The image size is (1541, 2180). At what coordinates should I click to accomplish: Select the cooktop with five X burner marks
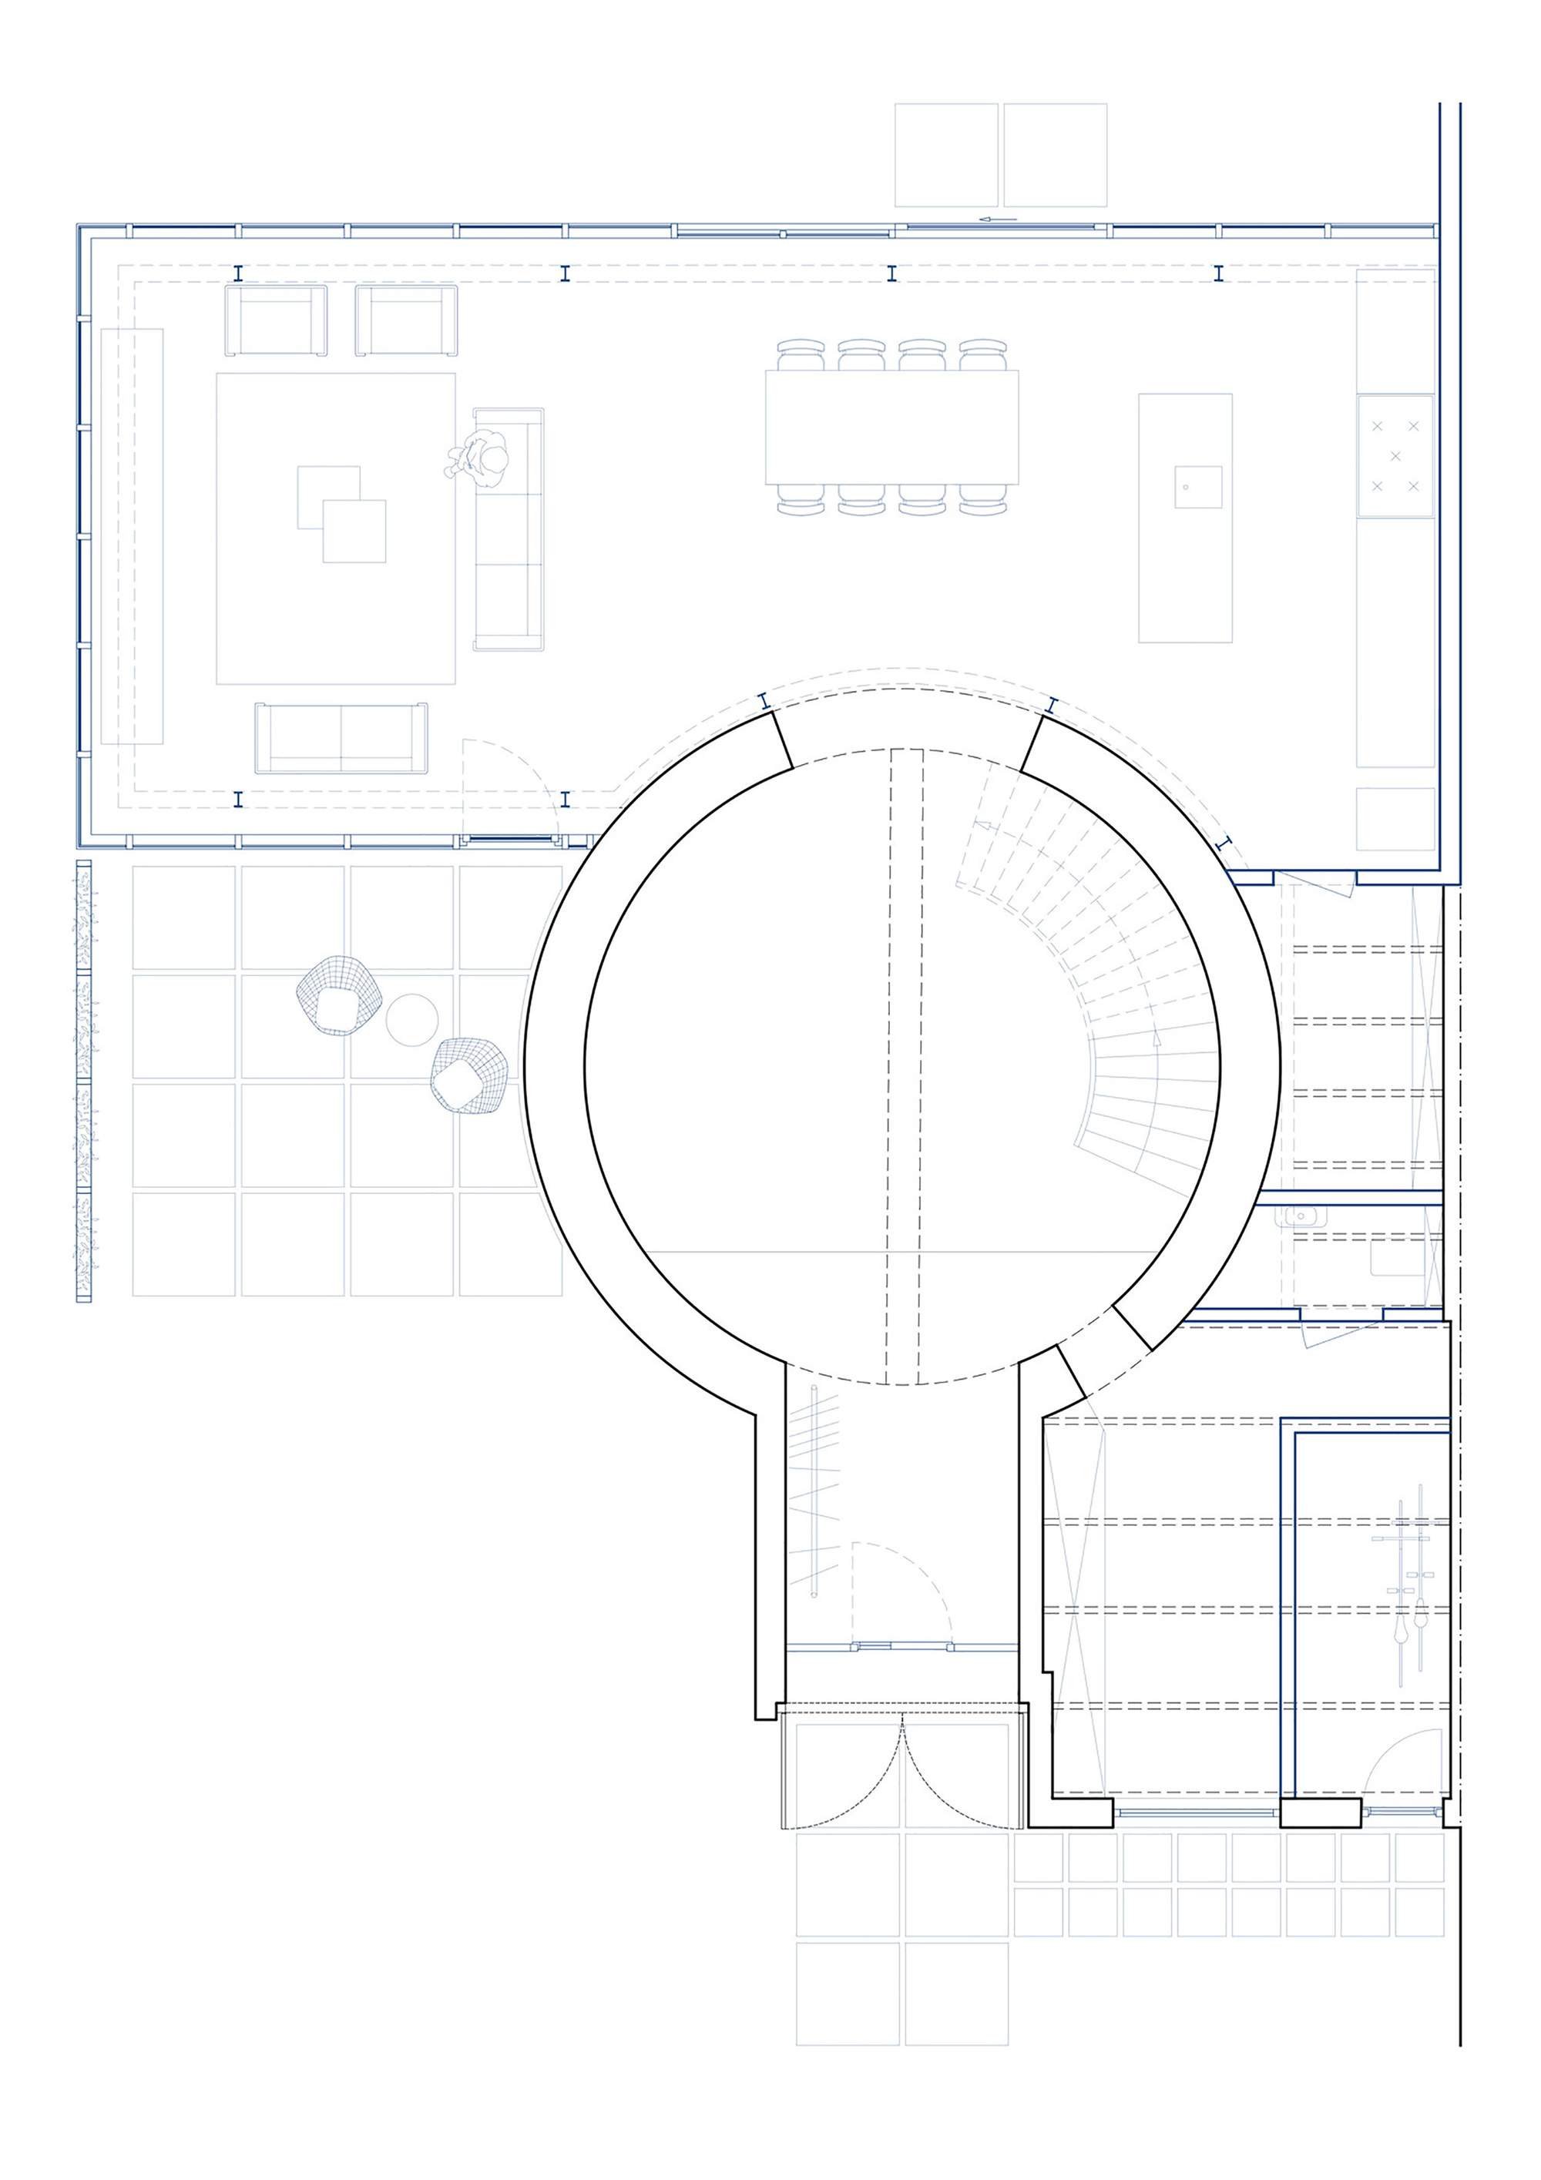click(1394, 457)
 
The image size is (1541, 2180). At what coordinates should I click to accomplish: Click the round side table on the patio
click(411, 1020)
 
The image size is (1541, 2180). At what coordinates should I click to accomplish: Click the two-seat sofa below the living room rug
click(341, 738)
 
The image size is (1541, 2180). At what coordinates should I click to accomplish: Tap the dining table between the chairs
click(891, 428)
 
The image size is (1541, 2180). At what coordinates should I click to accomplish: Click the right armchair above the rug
click(406, 321)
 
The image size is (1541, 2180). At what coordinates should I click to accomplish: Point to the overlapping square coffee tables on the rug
click(342, 514)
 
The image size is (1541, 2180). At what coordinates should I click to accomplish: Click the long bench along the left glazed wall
click(132, 536)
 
